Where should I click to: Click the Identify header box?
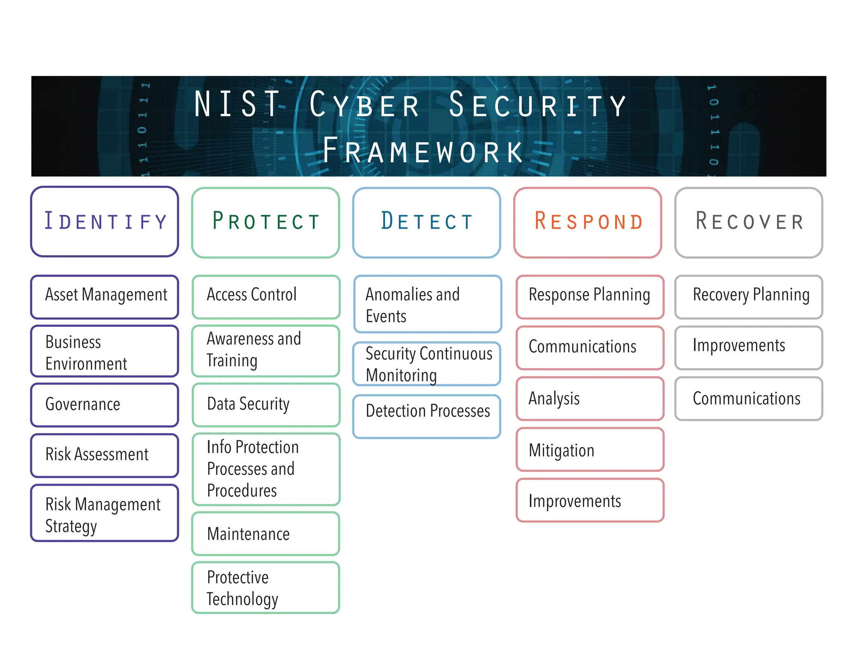tap(105, 222)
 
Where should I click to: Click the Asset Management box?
tap(105, 297)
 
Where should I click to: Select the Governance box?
tap(105, 405)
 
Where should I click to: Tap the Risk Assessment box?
tap(105, 455)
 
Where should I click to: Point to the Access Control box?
tap(266, 297)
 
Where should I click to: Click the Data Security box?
tap(266, 405)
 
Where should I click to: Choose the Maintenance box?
tap(266, 534)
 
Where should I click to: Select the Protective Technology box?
tap(266, 587)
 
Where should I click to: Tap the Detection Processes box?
tap(426, 416)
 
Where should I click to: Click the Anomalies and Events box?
tap(428, 304)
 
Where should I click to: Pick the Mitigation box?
tap(590, 450)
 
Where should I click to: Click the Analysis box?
tap(590, 398)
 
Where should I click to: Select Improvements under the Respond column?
tap(590, 500)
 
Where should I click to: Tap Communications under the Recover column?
tap(749, 398)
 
